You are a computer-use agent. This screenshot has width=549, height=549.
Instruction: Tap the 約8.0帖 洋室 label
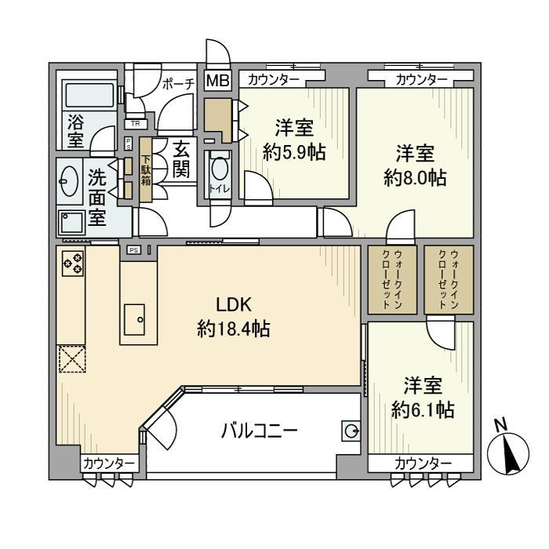415,165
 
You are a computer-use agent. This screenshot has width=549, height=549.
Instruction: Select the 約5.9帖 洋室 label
294,139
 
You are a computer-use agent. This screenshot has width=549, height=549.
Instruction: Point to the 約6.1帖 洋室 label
423,397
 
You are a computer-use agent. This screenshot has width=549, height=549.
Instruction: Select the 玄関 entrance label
181,159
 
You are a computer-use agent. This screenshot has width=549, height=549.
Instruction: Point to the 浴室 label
75,131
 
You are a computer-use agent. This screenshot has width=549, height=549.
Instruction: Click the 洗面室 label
96,196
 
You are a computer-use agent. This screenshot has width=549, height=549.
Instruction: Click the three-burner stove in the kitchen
72,263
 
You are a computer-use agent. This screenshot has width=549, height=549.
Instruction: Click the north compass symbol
506,451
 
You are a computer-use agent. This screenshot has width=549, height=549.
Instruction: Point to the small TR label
136,124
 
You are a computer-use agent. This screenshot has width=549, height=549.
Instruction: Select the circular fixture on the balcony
351,430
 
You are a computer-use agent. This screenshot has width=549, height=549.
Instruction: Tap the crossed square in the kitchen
71,360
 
